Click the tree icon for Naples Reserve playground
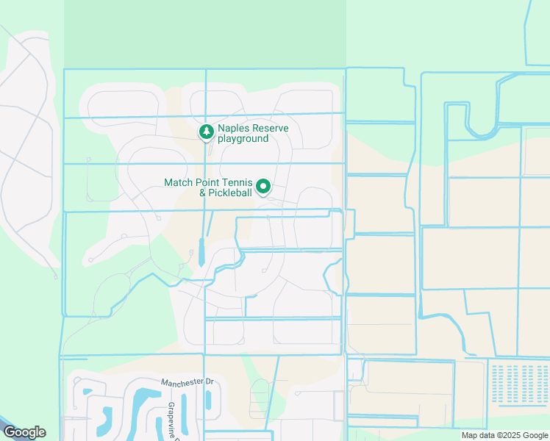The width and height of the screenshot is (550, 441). click(x=207, y=132)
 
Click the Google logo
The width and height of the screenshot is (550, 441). click(x=24, y=432)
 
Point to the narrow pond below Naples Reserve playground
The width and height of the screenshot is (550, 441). click(x=201, y=252)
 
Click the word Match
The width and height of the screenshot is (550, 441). click(x=179, y=182)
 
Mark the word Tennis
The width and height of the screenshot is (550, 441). click(x=239, y=182)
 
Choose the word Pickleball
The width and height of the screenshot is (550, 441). click(x=232, y=193)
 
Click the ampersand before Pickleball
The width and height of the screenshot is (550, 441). click(x=204, y=193)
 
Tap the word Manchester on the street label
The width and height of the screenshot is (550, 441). click(x=182, y=382)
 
